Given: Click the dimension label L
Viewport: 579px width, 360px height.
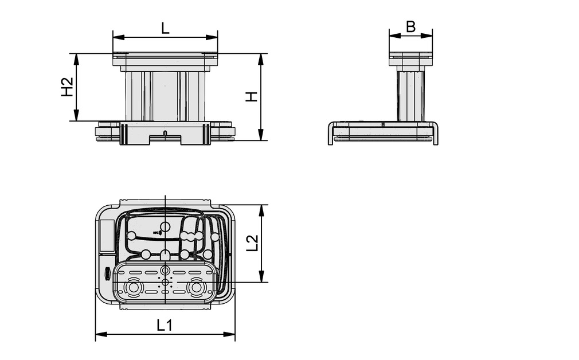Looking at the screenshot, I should (x=165, y=28).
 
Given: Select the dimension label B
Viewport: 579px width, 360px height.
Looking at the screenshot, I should (x=410, y=26).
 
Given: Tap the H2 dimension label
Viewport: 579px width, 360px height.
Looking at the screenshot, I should (x=68, y=87).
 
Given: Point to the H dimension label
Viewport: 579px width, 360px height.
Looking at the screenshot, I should (x=251, y=97).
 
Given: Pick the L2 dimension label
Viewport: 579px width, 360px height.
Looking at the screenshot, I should (x=252, y=243).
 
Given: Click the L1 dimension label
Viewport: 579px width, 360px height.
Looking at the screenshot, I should (x=165, y=326).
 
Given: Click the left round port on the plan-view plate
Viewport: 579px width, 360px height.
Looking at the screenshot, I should (x=134, y=287).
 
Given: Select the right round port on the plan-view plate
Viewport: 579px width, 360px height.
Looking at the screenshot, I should (x=197, y=287).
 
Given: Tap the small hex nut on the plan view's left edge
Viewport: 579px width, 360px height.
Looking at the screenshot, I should (x=107, y=274).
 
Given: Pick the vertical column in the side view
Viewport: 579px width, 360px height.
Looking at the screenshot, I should (x=411, y=95).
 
